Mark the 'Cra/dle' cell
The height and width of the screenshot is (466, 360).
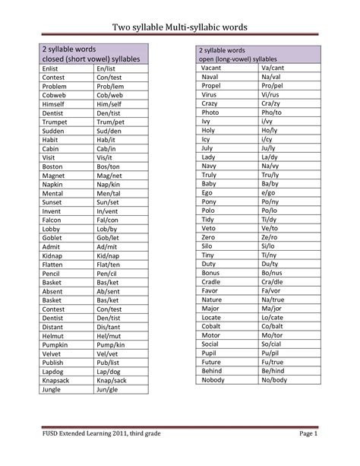tap(271, 281)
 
